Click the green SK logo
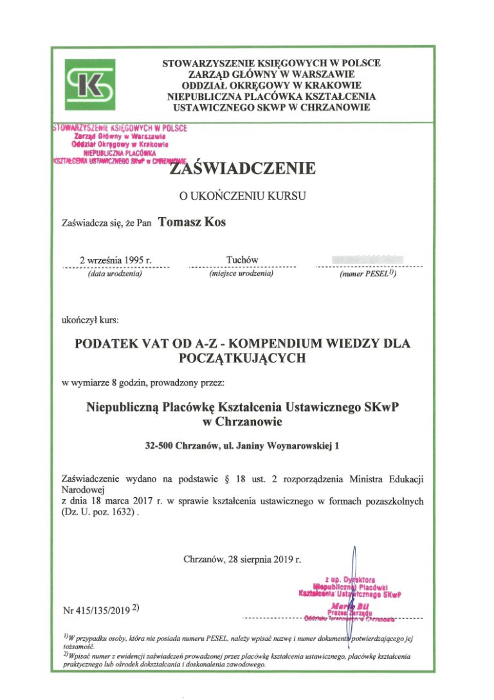click(90, 84)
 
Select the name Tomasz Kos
click(192, 222)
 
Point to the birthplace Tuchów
click(242, 260)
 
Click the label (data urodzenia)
click(114, 274)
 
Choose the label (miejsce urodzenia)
click(242, 274)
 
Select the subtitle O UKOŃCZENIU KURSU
click(242, 194)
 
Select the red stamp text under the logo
click(119, 144)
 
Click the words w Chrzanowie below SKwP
click(242, 422)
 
